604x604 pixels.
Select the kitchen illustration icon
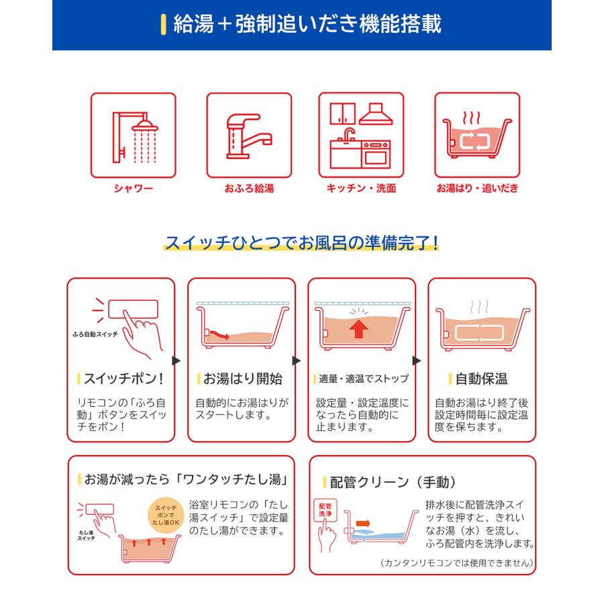point(361,136)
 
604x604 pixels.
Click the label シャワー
point(133,189)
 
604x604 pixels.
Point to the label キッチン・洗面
point(361,189)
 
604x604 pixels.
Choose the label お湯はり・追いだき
point(477,189)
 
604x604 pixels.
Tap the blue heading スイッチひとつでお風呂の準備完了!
point(302,242)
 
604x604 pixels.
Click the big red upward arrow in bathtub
point(360,330)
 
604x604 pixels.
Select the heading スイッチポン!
point(123,379)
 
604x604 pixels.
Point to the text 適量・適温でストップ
point(363,379)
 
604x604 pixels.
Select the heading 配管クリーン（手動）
point(393,482)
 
